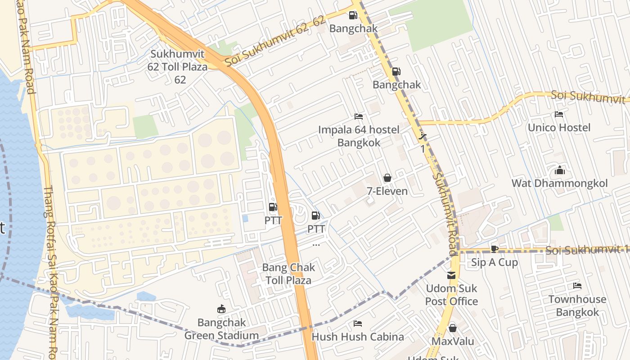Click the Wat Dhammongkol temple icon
click(559, 170)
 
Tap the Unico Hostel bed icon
click(559, 114)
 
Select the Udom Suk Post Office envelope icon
click(451, 275)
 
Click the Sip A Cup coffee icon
click(495, 249)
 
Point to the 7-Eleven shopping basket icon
click(387, 178)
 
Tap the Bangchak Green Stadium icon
click(221, 309)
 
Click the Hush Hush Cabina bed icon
click(358, 324)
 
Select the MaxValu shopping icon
click(453, 328)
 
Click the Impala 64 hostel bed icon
click(359, 117)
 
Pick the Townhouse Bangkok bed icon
click(577, 286)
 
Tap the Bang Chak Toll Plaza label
click(288, 274)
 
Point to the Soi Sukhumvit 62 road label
click(274, 41)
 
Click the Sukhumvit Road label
click(445, 214)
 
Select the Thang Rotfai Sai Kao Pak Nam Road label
click(50, 270)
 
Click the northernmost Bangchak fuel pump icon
click(353, 15)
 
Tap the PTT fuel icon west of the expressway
click(273, 207)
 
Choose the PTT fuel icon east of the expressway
click(315, 216)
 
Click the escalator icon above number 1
click(422, 135)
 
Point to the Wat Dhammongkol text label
click(559, 183)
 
